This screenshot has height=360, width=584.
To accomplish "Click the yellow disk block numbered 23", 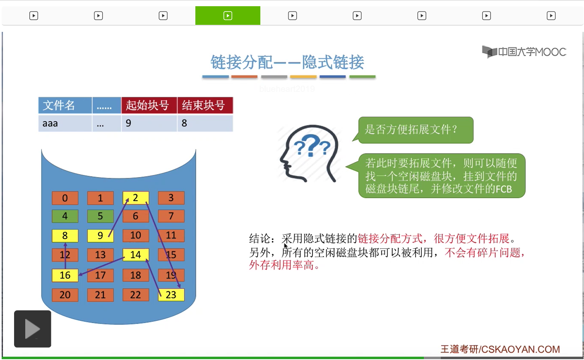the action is (171, 295).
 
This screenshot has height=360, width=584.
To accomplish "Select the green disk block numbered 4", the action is (65, 216).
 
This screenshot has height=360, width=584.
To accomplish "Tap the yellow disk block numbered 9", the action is (101, 235).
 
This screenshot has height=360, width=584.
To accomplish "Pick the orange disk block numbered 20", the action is (65, 295).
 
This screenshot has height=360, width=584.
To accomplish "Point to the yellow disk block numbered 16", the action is (65, 275).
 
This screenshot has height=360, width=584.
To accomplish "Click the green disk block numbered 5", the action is (101, 216).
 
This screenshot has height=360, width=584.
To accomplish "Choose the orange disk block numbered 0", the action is (65, 198).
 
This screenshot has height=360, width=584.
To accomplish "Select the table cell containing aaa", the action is (65, 123).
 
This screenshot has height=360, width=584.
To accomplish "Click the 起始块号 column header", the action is (149, 106).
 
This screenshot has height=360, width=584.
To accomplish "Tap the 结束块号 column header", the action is (205, 106).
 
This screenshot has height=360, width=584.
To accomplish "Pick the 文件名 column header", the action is (65, 106).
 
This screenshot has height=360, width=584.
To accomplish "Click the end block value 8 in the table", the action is (205, 123).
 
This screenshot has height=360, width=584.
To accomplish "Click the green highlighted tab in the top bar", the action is (228, 16).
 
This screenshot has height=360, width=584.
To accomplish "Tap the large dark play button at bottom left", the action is (33, 329).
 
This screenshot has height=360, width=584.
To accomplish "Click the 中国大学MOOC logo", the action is (524, 52).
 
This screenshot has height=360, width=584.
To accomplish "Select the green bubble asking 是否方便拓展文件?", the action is (416, 130).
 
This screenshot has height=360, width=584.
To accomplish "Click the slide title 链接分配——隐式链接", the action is (287, 62).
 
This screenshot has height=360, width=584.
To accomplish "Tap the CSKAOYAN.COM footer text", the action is (521, 349).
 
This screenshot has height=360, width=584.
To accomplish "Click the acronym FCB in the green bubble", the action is (504, 189).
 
